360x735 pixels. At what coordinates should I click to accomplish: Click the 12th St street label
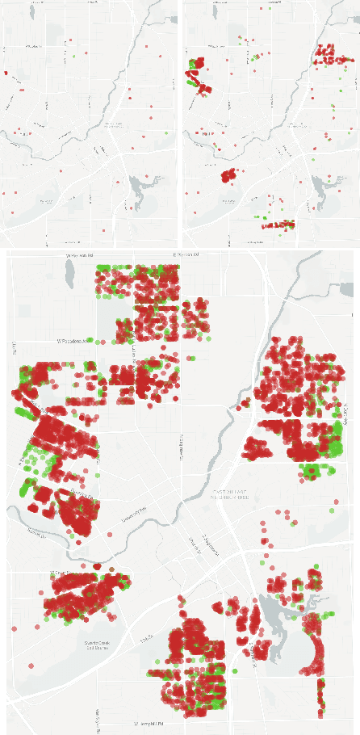tap(146, 641)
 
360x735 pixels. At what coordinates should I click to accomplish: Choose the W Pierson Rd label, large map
tap(80, 255)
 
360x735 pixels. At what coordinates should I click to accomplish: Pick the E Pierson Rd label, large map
tap(186, 254)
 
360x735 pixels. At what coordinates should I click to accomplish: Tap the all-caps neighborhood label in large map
tap(233, 493)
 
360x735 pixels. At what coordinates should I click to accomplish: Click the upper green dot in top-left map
tap(74, 57)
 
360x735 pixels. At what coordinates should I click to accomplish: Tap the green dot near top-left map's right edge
tap(166, 132)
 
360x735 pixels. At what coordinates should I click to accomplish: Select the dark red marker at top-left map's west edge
tap(5, 73)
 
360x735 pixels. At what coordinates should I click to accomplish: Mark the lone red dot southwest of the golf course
tap(31, 666)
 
